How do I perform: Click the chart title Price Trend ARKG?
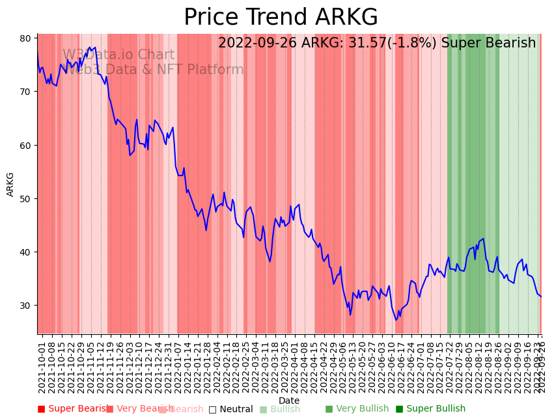coord(281,18)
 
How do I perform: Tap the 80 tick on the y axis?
coord(25,38)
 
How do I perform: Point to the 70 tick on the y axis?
coord(25,92)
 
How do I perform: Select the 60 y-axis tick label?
coord(25,145)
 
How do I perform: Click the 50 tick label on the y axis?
coord(25,198)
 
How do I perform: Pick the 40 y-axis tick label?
coord(25,252)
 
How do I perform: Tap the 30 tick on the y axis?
coord(25,306)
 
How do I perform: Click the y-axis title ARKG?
coord(10,184)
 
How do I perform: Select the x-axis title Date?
coord(289,401)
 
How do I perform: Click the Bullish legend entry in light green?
coord(284,410)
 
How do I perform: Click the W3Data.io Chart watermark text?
coord(118,55)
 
